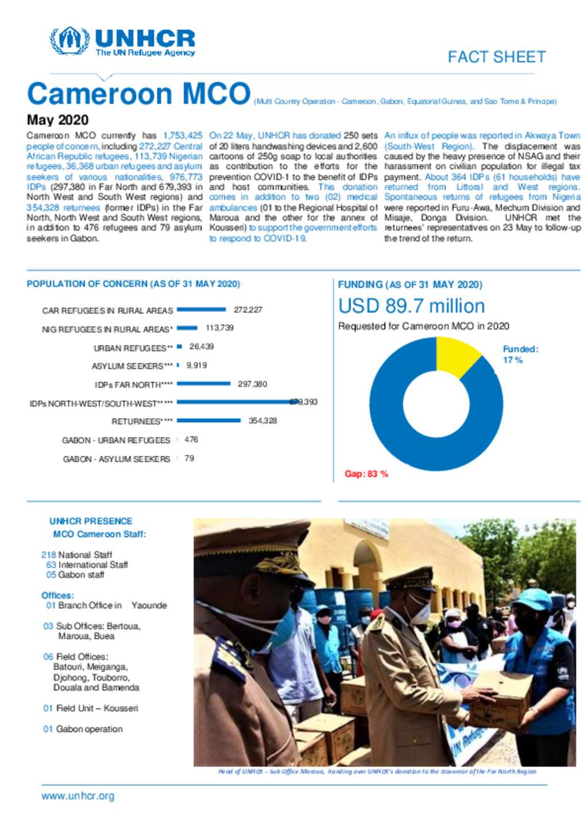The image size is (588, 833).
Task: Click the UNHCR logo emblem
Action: [x=69, y=41]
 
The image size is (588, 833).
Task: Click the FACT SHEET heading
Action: [x=496, y=57]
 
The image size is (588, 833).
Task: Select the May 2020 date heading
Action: [x=57, y=120]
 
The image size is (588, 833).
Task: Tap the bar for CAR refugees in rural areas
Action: [x=201, y=310]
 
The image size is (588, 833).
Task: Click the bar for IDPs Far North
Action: [x=203, y=384]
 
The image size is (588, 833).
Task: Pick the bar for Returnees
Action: [x=208, y=421]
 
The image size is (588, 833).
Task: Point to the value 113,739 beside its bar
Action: [x=219, y=328]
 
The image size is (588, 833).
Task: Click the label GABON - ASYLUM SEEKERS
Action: [x=117, y=459]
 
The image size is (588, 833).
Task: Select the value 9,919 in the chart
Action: [x=196, y=366]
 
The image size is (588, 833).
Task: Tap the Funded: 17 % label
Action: [x=520, y=354]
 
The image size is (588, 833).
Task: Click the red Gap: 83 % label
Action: [x=366, y=474]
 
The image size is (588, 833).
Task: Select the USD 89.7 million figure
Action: [x=411, y=306]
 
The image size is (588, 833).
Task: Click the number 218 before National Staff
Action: [x=48, y=555]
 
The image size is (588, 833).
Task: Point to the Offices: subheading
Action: [x=57, y=596]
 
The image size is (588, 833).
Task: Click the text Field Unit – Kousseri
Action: [x=96, y=708]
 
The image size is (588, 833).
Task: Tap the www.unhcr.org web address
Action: [x=78, y=796]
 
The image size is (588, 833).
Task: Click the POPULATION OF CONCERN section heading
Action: [x=133, y=284]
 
